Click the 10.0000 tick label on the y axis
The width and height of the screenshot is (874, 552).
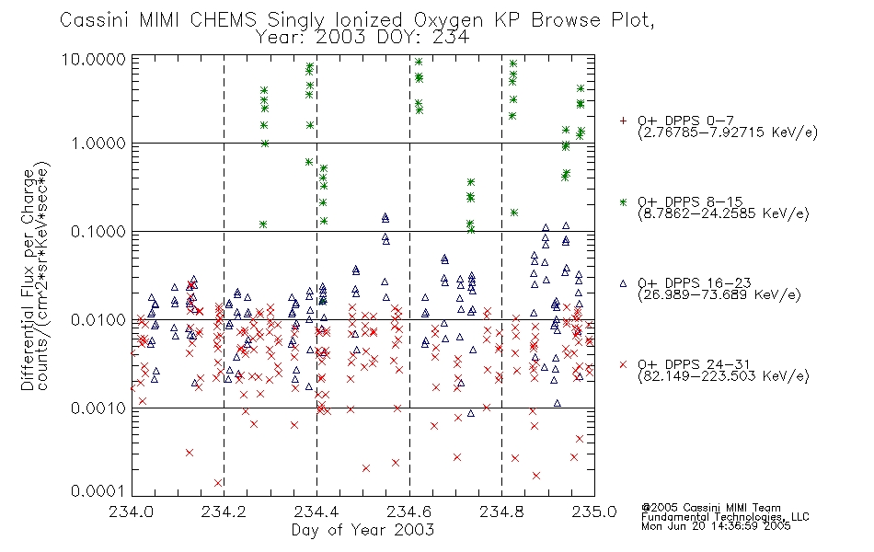pos(94,59)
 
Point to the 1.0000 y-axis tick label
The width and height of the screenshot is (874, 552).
pos(98,144)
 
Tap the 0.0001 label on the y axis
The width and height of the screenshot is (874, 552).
pos(98,490)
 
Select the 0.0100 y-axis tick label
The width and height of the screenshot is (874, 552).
pos(98,320)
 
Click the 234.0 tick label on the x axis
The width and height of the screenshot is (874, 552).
pos(131,512)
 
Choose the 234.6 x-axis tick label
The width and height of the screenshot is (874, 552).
pos(409,512)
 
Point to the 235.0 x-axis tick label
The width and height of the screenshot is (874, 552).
pos(594,512)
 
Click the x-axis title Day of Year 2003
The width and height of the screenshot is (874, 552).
pos(362,530)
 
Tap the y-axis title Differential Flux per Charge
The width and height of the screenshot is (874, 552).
pos(28,280)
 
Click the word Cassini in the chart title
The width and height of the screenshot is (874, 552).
pos(95,20)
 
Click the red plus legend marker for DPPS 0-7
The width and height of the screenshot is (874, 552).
pos(623,121)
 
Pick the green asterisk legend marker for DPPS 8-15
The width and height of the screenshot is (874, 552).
pos(623,201)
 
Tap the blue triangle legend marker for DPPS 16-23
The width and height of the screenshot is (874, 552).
pos(623,283)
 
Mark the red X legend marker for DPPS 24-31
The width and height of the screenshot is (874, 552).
pos(623,364)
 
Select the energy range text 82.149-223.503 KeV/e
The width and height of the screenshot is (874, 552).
pos(723,376)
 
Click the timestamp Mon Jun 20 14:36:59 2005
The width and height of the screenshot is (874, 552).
pos(716,526)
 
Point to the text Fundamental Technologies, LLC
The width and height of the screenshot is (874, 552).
pos(725,517)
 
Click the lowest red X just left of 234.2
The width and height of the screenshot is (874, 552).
pos(218,483)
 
